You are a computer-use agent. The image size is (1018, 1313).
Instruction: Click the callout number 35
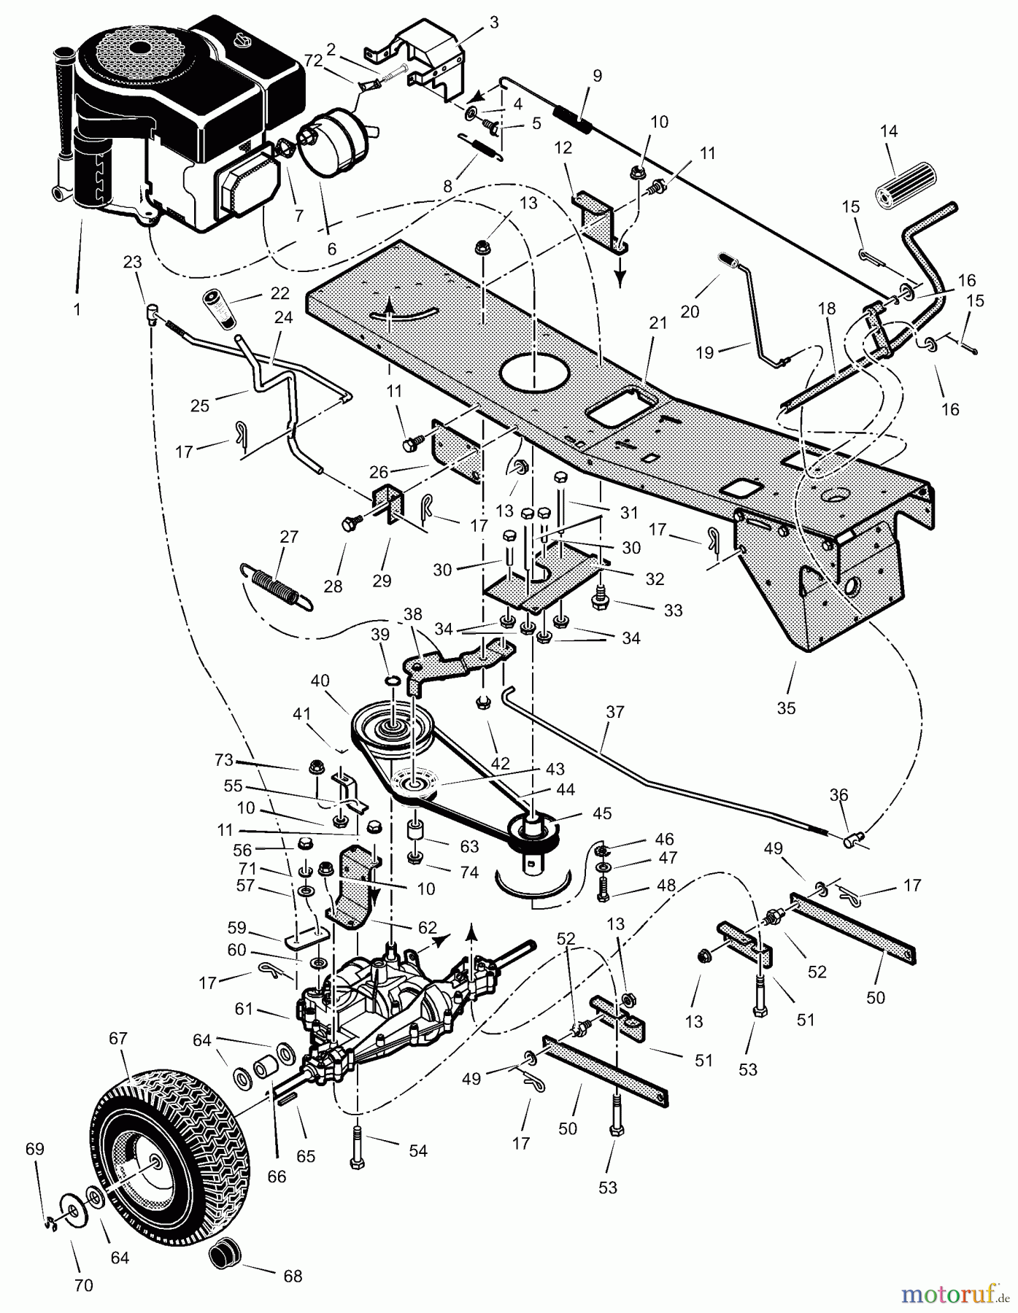click(x=786, y=708)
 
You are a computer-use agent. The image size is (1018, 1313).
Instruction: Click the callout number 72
click(x=313, y=61)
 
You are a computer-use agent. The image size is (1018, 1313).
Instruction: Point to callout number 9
click(x=598, y=75)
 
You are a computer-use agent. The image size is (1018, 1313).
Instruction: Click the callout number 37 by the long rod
click(x=615, y=710)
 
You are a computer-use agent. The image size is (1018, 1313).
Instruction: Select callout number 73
click(x=224, y=760)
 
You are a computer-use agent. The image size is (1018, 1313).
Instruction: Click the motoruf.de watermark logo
click(x=949, y=1293)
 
